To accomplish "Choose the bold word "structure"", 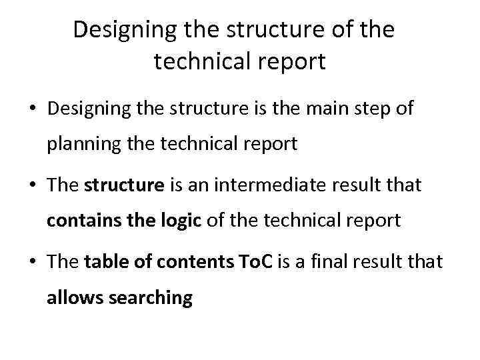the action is click(124, 185).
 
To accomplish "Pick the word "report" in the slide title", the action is click(293, 62).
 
